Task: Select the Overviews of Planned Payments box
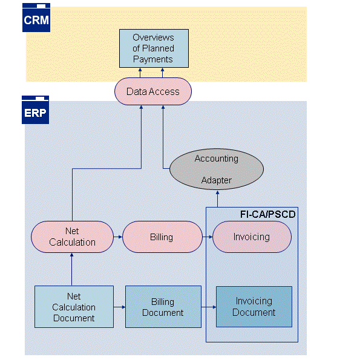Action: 153,48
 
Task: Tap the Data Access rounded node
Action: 152,92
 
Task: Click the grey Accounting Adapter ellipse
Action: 216,169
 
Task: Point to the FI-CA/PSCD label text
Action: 267,215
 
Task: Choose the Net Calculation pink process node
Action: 72,237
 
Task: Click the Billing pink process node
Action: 162,237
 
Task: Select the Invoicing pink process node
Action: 251,237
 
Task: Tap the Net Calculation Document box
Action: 74,307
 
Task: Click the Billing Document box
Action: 163,307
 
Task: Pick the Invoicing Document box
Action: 254,307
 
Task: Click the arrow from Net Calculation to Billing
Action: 118,237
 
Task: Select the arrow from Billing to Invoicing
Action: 207,237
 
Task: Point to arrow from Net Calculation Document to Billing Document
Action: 119,307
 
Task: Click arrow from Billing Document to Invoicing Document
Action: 209,307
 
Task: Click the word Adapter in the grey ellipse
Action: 216,180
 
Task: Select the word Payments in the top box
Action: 153,59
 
